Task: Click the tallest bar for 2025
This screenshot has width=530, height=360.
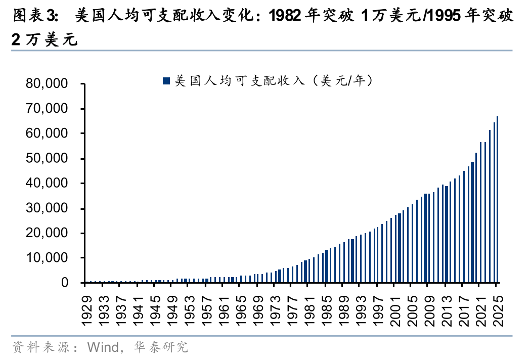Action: coord(497,199)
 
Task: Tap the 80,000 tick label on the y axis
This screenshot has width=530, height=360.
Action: coord(47,83)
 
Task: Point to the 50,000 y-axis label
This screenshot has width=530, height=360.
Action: coord(47,158)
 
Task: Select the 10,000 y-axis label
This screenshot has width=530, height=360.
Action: coord(47,258)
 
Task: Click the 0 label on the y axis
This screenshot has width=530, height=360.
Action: coord(65,283)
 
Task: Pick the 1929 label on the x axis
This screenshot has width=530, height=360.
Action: coord(87,310)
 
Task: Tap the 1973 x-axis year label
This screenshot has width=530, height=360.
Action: coord(276,310)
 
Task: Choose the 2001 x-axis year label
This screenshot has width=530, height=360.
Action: coord(395,310)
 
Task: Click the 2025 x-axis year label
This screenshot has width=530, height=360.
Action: coord(498,310)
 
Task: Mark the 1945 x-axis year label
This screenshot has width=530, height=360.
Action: coord(155,310)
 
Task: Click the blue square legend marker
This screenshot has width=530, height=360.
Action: coord(166,81)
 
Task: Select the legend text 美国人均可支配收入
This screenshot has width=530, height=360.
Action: coord(240,81)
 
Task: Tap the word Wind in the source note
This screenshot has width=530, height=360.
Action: coord(103,347)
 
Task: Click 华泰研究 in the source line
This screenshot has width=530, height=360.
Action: coord(160,347)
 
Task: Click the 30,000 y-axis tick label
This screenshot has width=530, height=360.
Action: coord(47,208)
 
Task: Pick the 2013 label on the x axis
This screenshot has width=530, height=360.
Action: coord(447,310)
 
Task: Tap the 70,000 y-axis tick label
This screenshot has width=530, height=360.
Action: coord(47,109)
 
